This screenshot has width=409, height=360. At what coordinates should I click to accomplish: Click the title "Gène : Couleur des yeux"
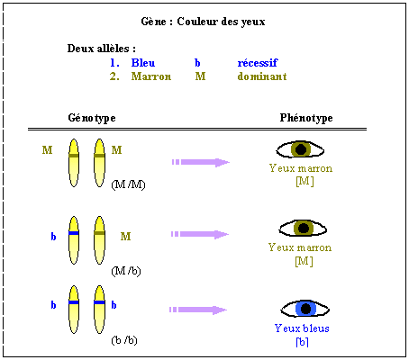203,22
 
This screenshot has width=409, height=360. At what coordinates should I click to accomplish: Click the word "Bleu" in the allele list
143,63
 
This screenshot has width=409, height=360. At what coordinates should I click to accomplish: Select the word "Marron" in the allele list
151,76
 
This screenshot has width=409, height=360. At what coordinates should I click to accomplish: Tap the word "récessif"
258,63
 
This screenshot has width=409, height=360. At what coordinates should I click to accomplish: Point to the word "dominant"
262,76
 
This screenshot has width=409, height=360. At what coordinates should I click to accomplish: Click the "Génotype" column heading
92,118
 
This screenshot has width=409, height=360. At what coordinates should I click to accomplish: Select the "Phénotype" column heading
306,118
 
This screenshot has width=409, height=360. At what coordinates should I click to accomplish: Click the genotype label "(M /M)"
128,184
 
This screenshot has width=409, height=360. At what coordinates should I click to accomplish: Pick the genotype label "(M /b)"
126,271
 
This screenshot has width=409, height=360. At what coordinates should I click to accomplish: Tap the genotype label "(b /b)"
124,340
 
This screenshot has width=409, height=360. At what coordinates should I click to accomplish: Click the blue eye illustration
305,309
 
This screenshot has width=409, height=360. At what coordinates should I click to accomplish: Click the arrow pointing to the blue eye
198,310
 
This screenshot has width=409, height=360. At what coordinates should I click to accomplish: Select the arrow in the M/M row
201,162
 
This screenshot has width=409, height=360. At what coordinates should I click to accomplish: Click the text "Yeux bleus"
302,328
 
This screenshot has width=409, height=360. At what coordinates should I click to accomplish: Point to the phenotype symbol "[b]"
302,342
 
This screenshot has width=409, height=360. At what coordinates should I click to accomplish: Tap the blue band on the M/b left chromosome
74,233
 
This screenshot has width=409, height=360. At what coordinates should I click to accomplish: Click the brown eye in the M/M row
300,149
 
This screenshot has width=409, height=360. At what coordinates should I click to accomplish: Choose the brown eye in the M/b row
303,229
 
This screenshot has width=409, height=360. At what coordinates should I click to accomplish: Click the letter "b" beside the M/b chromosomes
53,237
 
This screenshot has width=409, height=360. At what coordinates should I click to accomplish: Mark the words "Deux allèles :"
102,49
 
